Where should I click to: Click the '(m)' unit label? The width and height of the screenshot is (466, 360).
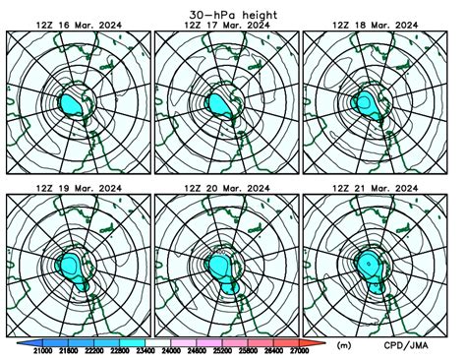[344, 346]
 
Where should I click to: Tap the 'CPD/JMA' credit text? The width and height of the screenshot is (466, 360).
[414, 346]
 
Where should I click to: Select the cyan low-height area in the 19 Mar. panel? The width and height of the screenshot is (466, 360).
[74, 266]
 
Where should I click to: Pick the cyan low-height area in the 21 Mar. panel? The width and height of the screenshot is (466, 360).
[373, 266]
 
